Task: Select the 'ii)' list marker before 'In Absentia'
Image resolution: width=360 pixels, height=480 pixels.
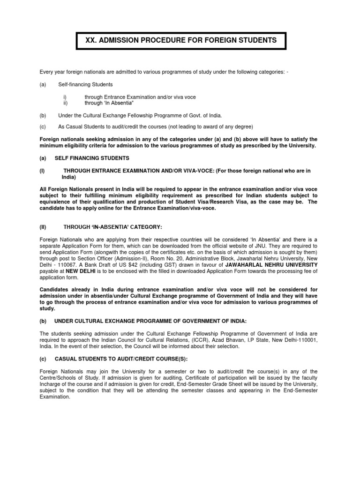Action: [66, 103]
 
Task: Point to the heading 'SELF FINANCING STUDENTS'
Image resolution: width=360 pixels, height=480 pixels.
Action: [92, 158]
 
